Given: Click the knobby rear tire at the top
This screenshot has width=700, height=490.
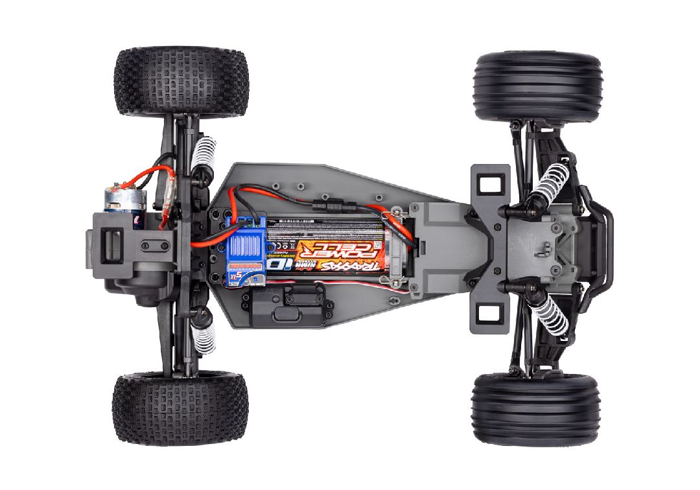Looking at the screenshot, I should tap(181, 81).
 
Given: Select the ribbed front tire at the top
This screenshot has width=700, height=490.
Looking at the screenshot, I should tap(537, 86).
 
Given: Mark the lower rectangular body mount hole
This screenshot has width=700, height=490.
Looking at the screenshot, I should tap(487, 315).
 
